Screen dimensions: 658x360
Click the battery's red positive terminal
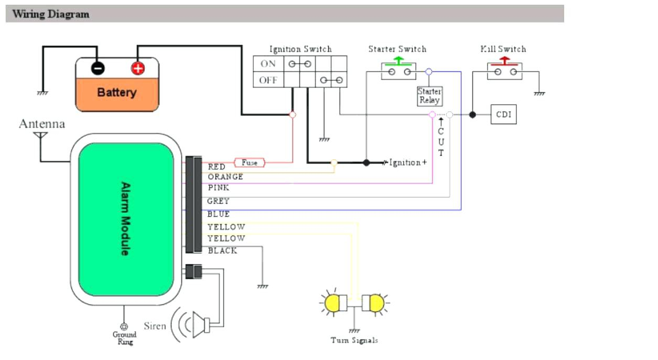[138, 69]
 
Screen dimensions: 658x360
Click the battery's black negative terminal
[98, 69]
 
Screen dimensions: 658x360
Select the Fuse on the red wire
[250, 162]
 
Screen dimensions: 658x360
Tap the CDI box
[503, 114]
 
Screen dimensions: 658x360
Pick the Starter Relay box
[430, 96]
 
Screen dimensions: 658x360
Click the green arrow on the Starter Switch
[398, 61]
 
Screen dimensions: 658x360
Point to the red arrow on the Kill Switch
[504, 61]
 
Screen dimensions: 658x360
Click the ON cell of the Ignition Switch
[268, 64]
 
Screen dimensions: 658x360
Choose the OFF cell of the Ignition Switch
[268, 80]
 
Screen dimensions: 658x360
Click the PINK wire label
[218, 188]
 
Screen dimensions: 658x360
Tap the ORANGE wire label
[225, 177]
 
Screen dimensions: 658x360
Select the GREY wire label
[218, 201]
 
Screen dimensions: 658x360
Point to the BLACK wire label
[222, 251]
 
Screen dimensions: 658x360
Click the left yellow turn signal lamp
[332, 303]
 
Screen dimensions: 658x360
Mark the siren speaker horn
[201, 325]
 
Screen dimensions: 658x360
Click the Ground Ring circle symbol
[124, 326]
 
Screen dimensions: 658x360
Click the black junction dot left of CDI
[472, 115]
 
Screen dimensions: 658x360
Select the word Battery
[117, 93]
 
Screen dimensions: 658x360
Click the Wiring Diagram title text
[51, 14]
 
